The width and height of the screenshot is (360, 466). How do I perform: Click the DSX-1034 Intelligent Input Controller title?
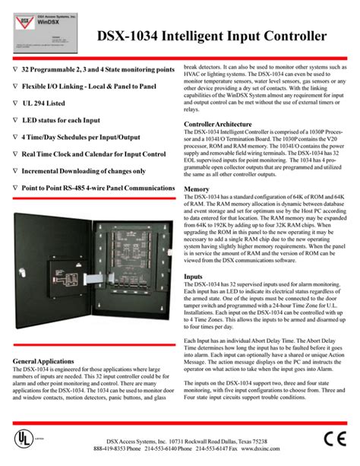[212, 37]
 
